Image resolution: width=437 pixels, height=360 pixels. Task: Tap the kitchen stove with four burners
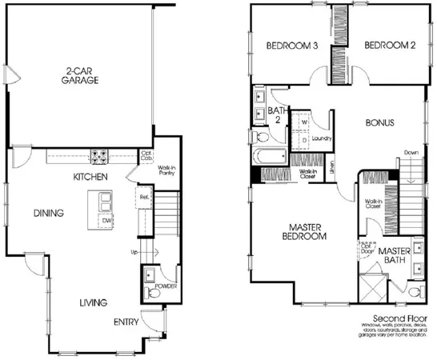click(x=102, y=157)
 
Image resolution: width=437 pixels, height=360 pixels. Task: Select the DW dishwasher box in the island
click(x=106, y=220)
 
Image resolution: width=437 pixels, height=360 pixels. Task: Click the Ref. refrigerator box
click(x=144, y=196)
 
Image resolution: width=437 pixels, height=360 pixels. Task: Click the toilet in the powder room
click(x=155, y=293)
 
